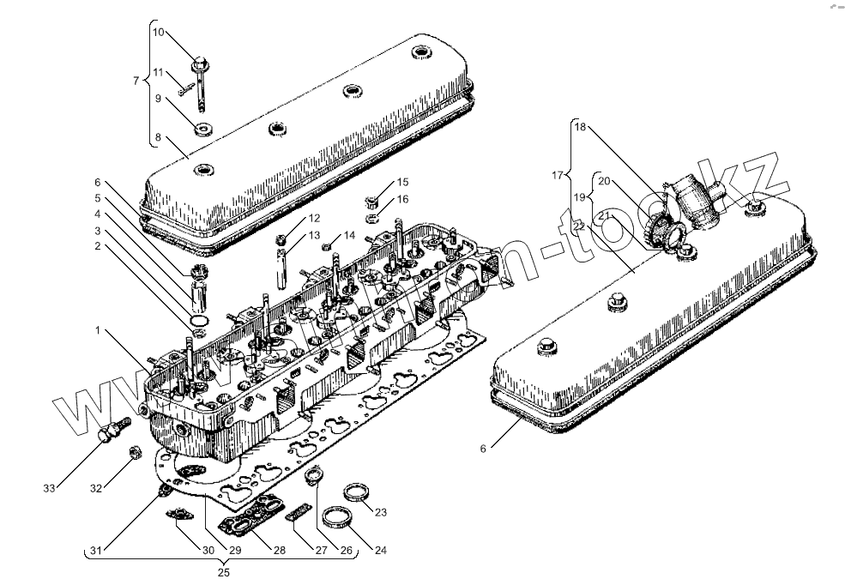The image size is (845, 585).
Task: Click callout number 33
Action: point(49,488)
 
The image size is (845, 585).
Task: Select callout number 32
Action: point(96,488)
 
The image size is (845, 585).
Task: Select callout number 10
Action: point(158,33)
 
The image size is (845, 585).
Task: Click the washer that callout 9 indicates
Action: point(204,131)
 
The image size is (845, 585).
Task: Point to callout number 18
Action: point(580,127)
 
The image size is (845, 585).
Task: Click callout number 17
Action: point(558,176)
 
